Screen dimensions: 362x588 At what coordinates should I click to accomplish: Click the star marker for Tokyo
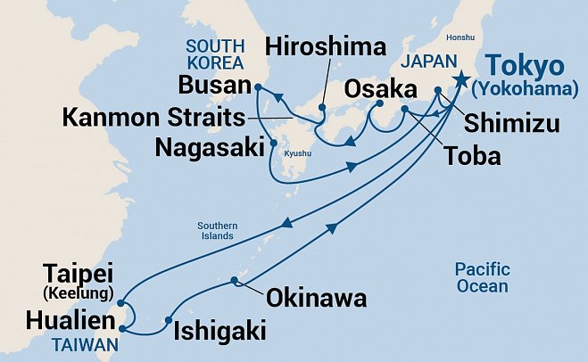click(x=460, y=80)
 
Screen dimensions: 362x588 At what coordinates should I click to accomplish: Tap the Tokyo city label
click(x=526, y=67)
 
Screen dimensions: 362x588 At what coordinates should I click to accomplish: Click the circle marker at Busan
click(x=257, y=87)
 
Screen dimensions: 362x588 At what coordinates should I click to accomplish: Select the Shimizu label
click(x=511, y=122)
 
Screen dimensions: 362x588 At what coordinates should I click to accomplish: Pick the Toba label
click(x=474, y=157)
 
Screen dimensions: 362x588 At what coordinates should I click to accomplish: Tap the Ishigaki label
click(x=219, y=331)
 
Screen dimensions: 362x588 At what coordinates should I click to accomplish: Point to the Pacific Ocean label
click(x=481, y=277)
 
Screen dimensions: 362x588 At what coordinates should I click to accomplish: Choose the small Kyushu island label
click(x=297, y=153)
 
